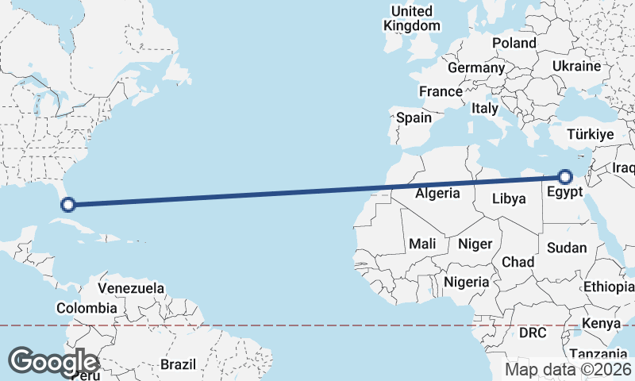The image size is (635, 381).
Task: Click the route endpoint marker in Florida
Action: (68, 204)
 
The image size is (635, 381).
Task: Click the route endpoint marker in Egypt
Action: (565, 177)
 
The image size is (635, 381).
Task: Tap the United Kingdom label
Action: (411, 18)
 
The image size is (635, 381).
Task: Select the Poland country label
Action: (514, 43)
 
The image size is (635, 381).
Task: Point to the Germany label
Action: (476, 67)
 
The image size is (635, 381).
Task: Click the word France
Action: (441, 91)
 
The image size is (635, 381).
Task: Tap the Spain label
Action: (414, 117)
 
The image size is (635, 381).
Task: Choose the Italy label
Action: (484, 108)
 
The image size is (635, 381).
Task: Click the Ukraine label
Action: (576, 66)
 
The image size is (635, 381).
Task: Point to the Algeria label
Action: (437, 193)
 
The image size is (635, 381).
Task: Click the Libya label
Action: (510, 198)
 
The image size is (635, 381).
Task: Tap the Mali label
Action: (423, 244)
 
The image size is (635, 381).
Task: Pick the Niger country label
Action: (475, 244)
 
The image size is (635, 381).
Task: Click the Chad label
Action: (518, 262)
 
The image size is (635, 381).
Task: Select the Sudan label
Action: (567, 248)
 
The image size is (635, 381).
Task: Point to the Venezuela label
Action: (131, 287)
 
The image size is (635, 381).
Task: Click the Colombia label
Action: (87, 308)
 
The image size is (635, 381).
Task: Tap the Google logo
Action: (53, 361)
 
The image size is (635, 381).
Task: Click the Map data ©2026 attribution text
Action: (568, 369)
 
